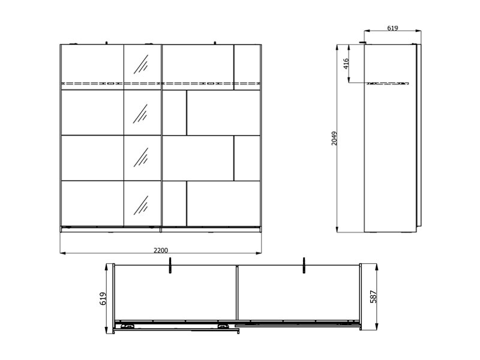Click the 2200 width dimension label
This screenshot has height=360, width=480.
[x=161, y=250]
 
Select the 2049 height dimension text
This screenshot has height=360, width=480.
[x=334, y=139]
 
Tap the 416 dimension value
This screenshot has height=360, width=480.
[x=346, y=64]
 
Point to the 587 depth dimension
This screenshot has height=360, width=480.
[x=373, y=296]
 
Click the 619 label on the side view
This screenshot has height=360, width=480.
[x=393, y=28]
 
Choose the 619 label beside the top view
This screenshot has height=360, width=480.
[x=103, y=298]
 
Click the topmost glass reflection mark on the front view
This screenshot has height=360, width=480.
[x=141, y=64]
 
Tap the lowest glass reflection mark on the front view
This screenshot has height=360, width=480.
[x=141, y=205]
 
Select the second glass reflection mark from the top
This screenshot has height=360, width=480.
[x=140, y=114]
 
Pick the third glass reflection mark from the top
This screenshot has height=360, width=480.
[x=141, y=157]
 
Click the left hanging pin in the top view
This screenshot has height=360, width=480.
[x=170, y=265]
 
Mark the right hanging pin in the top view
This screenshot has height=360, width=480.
[x=304, y=265]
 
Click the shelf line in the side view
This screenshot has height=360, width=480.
[x=388, y=83]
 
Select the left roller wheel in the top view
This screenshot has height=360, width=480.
[x=128, y=326]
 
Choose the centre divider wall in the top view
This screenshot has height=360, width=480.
[x=236, y=292]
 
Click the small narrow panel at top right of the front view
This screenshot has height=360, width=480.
[x=247, y=67]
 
